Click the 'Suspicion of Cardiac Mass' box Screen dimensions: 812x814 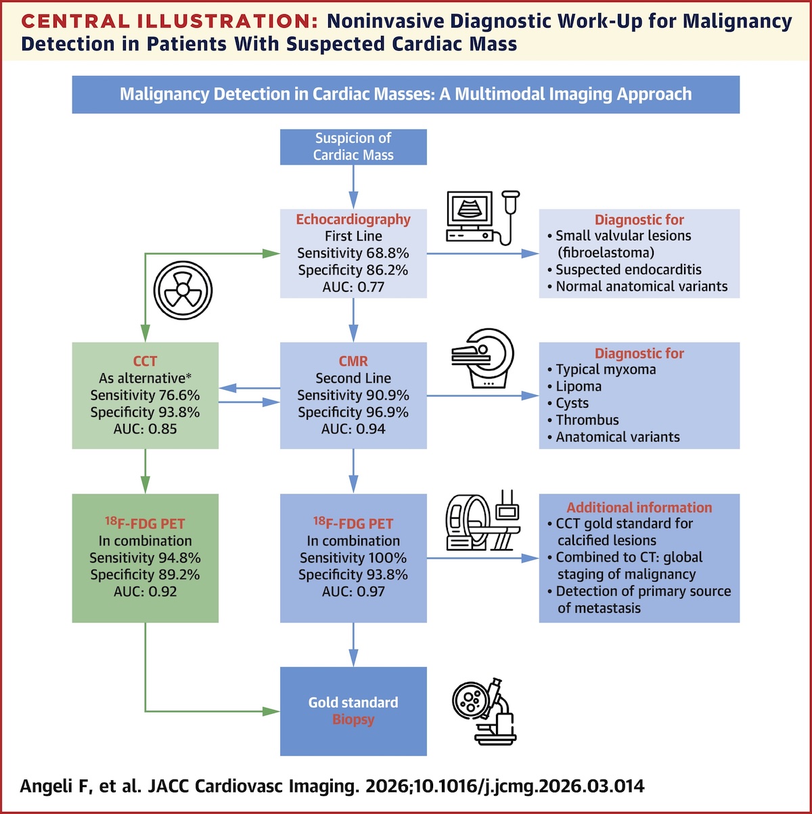pos(353,146)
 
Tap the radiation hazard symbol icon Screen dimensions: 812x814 pos(183,291)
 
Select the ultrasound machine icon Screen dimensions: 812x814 pos(482,217)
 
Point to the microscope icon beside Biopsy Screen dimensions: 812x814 pos(484,711)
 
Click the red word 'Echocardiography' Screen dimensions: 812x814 pos(353,219)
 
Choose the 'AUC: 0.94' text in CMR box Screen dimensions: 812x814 pos(353,429)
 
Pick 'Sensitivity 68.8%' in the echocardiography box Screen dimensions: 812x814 pos(353,253)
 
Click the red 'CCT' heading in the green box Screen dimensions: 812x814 pos(145,361)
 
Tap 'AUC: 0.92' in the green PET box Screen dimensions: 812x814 pos(145,591)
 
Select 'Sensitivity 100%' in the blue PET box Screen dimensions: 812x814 pos(353,557)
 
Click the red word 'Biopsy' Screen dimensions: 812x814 pos(353,719)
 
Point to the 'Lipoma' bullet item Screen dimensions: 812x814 pos(574,386)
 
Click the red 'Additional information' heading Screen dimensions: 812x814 pos(639,507)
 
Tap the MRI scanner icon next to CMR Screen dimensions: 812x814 pos(482,358)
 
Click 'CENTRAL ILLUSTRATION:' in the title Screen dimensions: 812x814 pos(170,21)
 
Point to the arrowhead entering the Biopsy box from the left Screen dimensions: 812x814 pos(271,711)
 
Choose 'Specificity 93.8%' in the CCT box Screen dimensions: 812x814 pos(145,412)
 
